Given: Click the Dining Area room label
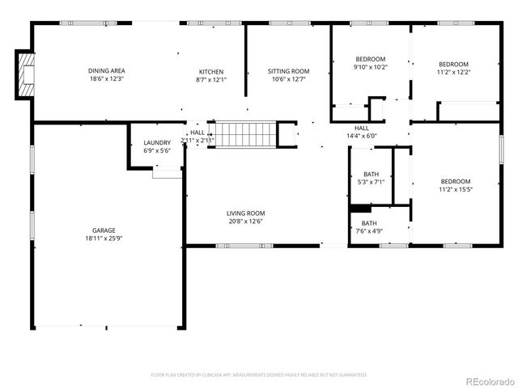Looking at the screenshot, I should coord(106,71).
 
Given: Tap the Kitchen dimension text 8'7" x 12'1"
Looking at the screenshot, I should coord(211,80).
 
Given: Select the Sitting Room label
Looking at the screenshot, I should coord(289,71).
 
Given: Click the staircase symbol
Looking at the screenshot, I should coord(244,134).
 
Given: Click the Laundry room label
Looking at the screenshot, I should coord(157,143).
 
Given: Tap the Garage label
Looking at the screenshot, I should coord(104,230).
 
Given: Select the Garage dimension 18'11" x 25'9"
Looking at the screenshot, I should coord(104,238).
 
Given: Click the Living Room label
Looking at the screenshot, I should coord(245,213).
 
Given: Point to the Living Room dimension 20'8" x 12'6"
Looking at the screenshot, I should coord(245,221).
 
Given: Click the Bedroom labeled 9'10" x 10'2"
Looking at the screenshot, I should coord(371,59).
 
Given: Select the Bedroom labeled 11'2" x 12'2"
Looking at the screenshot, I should coord(453,65).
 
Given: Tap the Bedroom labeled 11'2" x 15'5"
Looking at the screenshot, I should coord(455,181).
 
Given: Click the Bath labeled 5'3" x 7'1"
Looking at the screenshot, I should coord(371,174).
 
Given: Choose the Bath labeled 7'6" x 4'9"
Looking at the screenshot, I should coord(368,223).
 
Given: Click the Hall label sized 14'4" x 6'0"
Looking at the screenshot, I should coord(362,128).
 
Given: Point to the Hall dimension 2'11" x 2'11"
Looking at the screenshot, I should coord(197,141).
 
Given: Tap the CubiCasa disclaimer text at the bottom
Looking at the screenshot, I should coord(259,375).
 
